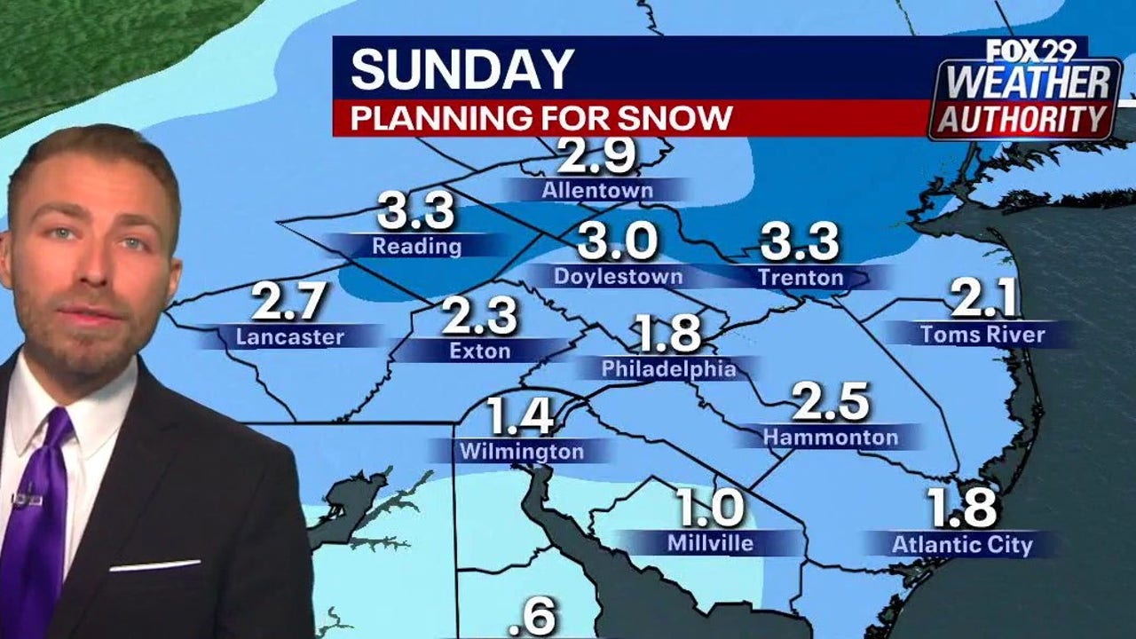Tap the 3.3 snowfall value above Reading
(x=415, y=211)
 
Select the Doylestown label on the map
(x=618, y=276)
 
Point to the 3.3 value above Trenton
(x=800, y=242)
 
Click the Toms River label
(x=982, y=335)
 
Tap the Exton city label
(x=479, y=351)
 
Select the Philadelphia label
(x=668, y=368)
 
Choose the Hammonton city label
(x=830, y=437)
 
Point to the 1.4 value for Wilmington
(x=521, y=416)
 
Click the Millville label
(x=711, y=542)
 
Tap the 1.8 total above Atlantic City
(x=962, y=508)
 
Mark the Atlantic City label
(x=962, y=544)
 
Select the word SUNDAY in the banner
(x=462, y=69)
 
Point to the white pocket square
(x=154, y=565)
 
